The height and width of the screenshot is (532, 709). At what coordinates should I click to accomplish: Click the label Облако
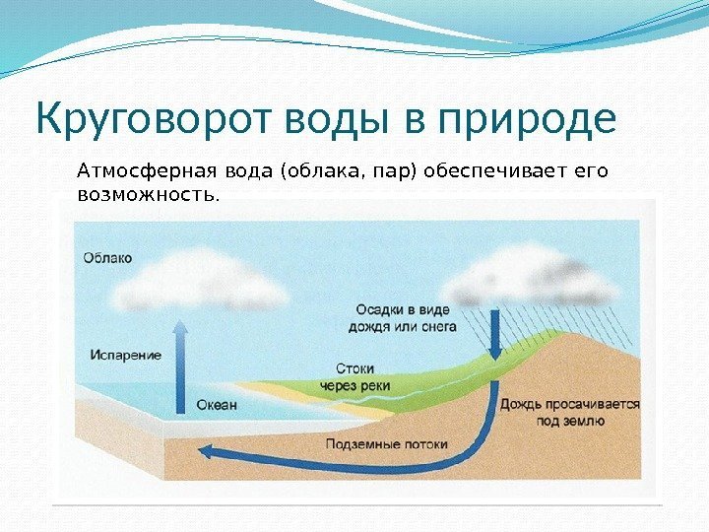106,258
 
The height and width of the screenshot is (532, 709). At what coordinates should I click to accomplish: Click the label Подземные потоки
387,443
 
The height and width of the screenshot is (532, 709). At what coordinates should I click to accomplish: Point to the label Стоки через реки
355,377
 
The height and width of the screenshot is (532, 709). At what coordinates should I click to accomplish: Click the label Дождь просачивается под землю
570,413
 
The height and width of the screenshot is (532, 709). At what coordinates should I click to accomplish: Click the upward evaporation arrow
181,365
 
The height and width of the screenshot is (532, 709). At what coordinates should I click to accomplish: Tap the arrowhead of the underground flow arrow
206,452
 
